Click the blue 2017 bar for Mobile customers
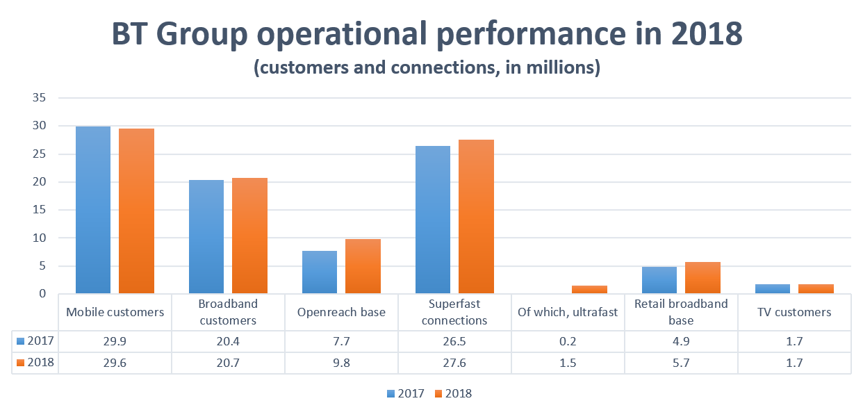point(93,210)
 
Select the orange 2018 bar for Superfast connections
point(476,217)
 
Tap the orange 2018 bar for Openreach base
point(363,266)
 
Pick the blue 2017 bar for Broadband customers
point(206,236)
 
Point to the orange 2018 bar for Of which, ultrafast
point(589,289)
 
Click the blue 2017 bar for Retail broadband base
point(659,280)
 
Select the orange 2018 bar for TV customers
point(816,288)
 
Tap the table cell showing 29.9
point(115,341)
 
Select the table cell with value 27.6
point(454,363)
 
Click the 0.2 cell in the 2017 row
point(568,341)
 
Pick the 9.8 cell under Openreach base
point(341,363)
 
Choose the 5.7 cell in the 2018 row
point(681,363)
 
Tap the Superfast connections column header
point(454,312)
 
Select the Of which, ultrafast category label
point(568,312)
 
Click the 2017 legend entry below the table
point(406,393)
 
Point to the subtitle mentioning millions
point(427,68)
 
